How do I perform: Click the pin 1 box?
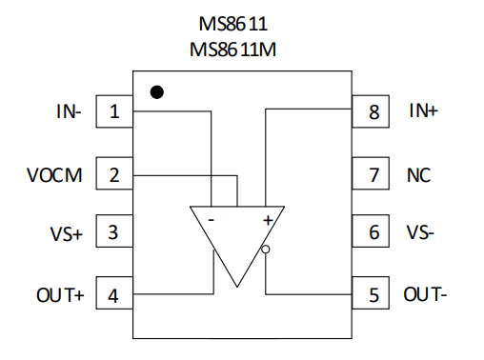coord(114,111)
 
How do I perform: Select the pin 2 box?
coord(114,173)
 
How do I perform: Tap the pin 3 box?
coord(114,231)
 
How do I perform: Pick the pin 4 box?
coord(114,292)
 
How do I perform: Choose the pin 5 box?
coord(371,292)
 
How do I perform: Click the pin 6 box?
coord(371,231)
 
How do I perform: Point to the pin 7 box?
coord(371,173)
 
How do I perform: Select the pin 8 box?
coord(371,111)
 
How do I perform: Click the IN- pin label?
coord(69,111)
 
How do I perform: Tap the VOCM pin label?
coord(54,175)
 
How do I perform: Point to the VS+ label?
coord(67,233)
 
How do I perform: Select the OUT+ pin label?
coord(60,295)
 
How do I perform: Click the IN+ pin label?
coord(424,110)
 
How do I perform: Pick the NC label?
coord(418,175)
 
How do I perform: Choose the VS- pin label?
coord(420,232)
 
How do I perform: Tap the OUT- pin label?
coord(425,294)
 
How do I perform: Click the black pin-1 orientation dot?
coord(157,92)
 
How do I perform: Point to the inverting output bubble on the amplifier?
coord(266,250)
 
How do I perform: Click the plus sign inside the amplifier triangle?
coord(268,220)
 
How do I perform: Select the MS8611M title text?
coord(232,50)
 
